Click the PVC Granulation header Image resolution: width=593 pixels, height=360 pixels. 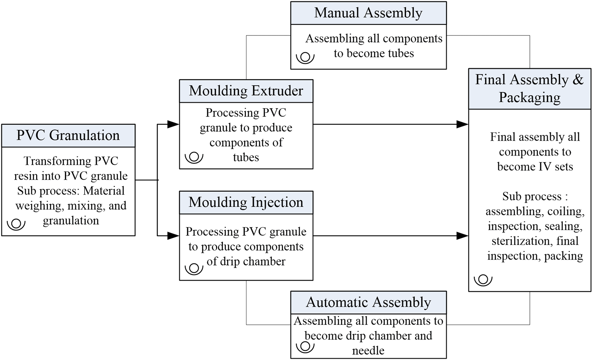pos(68,136)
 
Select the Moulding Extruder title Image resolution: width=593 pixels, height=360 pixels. pos(246,91)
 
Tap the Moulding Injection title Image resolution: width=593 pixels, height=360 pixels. pos(246,203)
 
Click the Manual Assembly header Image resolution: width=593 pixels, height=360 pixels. pos(368,13)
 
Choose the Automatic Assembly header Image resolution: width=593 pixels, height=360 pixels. pos(368,302)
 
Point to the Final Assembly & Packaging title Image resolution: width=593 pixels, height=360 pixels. pos(529,89)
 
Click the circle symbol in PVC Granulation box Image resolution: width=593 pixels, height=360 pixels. pos(16,223)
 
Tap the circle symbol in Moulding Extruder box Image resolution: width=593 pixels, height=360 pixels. pos(194,157)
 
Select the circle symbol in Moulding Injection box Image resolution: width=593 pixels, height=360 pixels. pos(194,268)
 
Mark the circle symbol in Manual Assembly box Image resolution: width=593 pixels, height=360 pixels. pos(305,57)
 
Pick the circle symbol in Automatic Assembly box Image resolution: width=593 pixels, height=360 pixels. pos(305,346)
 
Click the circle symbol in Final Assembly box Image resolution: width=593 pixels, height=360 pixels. pos(483,280)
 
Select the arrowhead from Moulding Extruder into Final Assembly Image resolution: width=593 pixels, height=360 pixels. pos(462,124)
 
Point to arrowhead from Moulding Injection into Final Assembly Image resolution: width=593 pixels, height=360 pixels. pos(462,236)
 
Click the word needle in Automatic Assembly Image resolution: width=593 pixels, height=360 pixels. pos(368,351)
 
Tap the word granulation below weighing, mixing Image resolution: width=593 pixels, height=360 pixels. pos(71,221)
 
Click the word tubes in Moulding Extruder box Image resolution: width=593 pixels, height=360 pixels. pos(246,157)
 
